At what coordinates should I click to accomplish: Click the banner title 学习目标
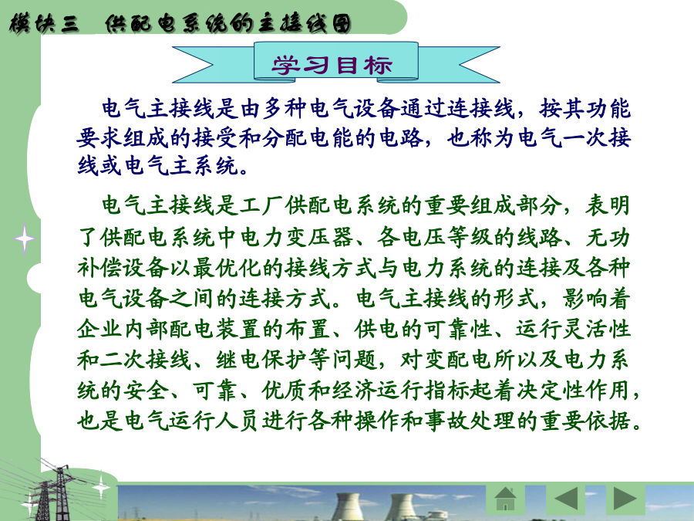tap(332, 65)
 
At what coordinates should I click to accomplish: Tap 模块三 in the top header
tap(44, 23)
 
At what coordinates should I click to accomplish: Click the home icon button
tap(506, 499)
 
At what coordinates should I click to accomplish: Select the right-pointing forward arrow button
tap(625, 499)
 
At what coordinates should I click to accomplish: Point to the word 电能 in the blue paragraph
tap(331, 138)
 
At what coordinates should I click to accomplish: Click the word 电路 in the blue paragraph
tap(400, 138)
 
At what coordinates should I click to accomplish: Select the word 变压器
tap(319, 237)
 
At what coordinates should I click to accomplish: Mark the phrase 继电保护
tap(262, 359)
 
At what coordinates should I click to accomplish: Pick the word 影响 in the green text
tap(585, 298)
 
